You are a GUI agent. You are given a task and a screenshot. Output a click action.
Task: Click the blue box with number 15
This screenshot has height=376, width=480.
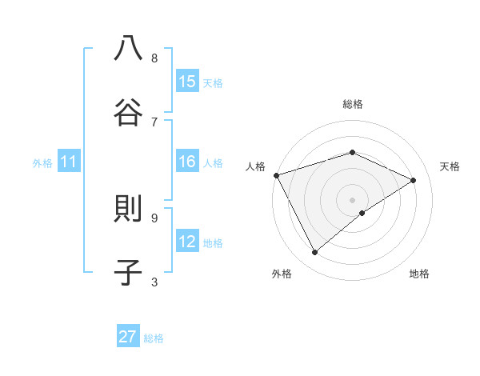(187, 81)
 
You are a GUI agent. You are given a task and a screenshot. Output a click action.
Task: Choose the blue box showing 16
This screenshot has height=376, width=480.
(187, 162)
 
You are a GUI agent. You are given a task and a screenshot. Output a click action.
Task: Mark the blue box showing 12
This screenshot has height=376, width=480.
(187, 242)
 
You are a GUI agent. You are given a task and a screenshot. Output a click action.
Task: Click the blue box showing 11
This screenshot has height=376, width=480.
(69, 162)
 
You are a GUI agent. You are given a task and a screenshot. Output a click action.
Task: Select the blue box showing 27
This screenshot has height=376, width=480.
(128, 337)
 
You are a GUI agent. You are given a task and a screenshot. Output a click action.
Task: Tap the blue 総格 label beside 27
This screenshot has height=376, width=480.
(154, 338)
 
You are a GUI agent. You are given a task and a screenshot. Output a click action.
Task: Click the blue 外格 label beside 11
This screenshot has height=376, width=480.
(42, 163)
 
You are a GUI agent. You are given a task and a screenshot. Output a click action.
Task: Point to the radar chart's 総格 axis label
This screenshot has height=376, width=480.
(352, 104)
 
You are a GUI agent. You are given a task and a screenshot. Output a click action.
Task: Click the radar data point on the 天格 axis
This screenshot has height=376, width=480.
(414, 180)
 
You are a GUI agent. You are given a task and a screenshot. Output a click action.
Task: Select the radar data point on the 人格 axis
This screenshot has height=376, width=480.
(276, 175)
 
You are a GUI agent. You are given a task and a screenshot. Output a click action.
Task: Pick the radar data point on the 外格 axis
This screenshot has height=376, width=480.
(315, 253)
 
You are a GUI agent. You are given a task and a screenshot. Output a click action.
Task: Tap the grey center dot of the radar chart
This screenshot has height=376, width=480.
(352, 199)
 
